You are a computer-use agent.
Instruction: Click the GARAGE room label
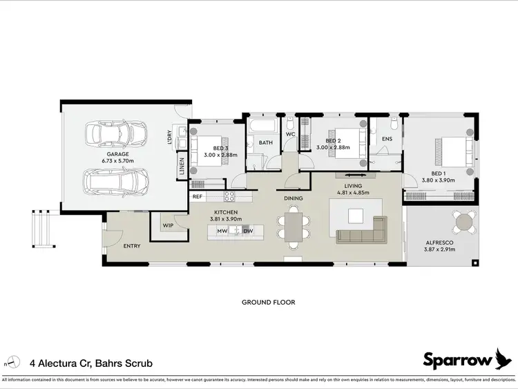[x=118, y=154]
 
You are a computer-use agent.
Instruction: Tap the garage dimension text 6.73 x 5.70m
[x=118, y=161]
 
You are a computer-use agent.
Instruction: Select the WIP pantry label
[x=168, y=225]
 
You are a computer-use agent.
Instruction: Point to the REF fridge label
[x=198, y=197]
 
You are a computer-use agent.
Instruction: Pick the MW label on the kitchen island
[x=222, y=231]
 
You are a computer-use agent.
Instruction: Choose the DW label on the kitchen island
[x=249, y=231]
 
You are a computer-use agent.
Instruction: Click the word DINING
[x=294, y=199]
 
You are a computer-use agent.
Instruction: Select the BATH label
[x=266, y=143]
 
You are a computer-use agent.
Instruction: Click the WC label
[x=291, y=134]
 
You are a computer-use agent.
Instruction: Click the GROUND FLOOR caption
[x=268, y=302]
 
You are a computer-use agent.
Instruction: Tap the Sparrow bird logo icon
[x=506, y=358]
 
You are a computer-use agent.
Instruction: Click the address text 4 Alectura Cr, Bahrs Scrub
[x=91, y=363]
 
